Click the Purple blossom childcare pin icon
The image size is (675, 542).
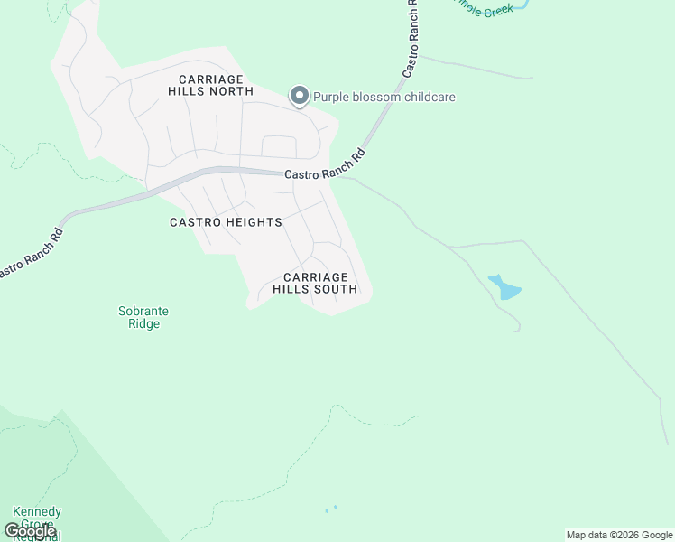[300, 96]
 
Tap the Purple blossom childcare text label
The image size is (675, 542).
[384, 97]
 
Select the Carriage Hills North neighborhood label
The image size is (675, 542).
[210, 86]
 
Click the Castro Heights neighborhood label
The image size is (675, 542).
[226, 222]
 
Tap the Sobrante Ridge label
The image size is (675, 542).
[143, 317]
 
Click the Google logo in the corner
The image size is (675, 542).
[30, 531]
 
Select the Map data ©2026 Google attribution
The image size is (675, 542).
[620, 535]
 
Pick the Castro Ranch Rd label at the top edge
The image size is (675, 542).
[411, 41]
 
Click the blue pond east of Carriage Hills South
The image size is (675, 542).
[504, 287]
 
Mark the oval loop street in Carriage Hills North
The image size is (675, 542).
[279, 146]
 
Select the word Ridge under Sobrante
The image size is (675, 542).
[143, 323]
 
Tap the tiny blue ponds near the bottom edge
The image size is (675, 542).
[330, 509]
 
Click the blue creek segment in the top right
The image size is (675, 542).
[522, 5]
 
